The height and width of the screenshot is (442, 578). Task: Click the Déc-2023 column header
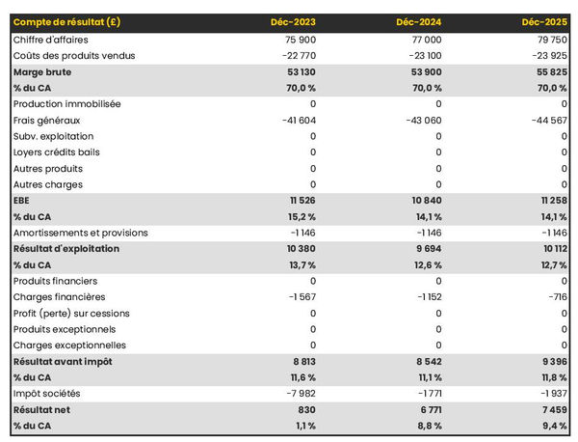(x=293, y=22)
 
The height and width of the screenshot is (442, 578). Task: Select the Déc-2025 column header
(x=544, y=22)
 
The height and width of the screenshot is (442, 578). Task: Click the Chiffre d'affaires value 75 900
(x=298, y=40)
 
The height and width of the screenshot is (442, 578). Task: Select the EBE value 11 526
(x=302, y=201)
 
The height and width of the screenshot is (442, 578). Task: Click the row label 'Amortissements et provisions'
(x=81, y=233)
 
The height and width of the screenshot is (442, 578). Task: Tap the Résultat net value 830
(x=305, y=409)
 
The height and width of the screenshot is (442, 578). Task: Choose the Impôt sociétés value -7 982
(x=298, y=394)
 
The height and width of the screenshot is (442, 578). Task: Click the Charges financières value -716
(x=555, y=297)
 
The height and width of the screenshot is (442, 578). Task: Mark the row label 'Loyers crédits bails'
(x=57, y=152)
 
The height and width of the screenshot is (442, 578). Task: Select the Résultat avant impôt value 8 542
(x=425, y=361)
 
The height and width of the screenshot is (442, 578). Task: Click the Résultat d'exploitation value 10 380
(x=298, y=249)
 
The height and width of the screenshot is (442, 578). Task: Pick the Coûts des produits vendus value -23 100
(x=421, y=56)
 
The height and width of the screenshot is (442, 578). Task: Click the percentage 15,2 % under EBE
(x=300, y=216)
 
